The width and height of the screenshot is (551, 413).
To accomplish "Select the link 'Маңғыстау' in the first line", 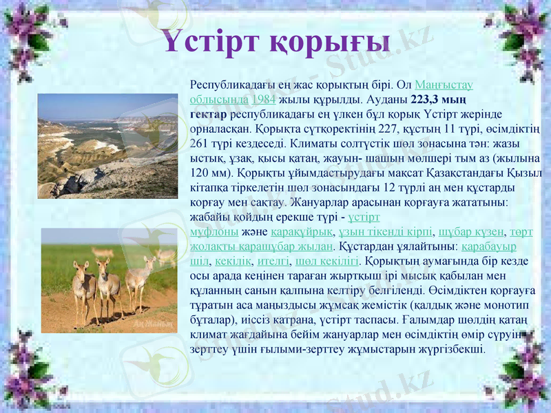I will pos(444,85).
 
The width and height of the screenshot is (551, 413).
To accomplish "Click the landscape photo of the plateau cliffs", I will pos(107,146).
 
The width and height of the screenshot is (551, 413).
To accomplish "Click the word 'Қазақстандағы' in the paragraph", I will pos(478,173).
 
